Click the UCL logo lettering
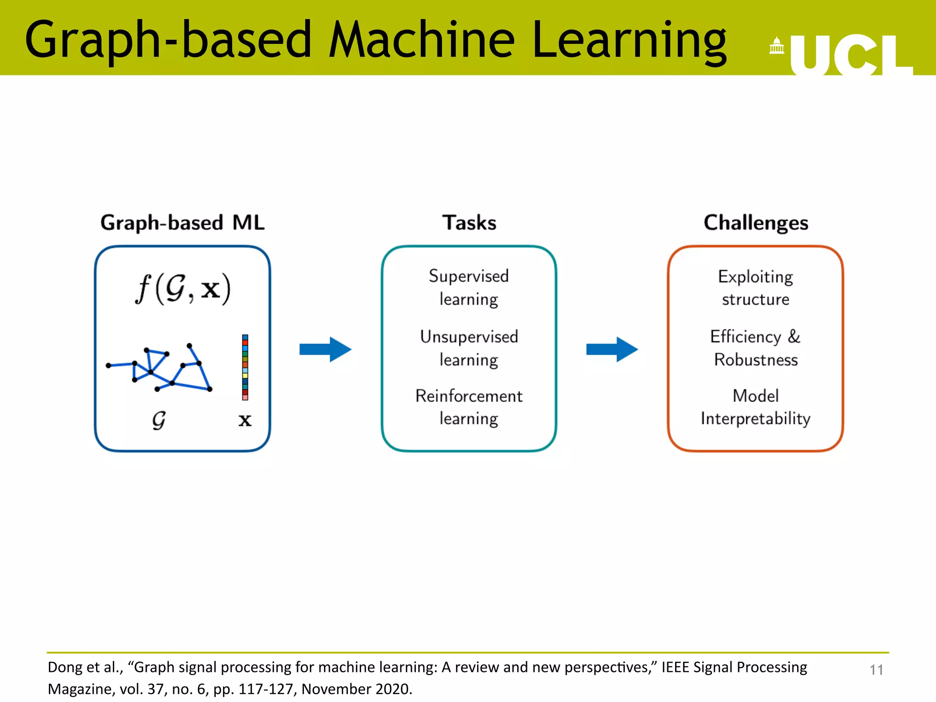point(851,55)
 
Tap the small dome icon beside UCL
point(776,45)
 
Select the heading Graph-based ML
point(182,223)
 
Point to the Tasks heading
point(469,223)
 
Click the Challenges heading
point(755,223)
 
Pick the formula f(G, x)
point(183,289)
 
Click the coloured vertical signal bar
point(245,367)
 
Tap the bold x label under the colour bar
point(245,420)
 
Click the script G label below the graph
point(159,420)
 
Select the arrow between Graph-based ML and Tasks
point(325,350)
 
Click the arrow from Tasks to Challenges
point(612,350)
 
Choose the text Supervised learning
point(469,287)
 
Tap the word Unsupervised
point(469,337)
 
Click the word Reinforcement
point(469,396)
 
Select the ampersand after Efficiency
point(794,336)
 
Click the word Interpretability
point(755,419)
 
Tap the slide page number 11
point(876,670)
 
